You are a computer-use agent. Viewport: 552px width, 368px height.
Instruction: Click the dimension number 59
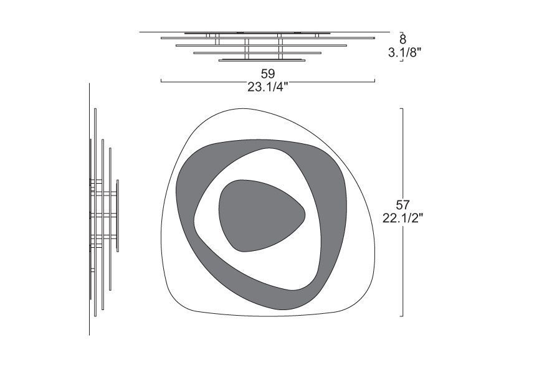pyautogui.click(x=267, y=73)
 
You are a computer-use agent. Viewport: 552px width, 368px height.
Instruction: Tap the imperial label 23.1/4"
pyautogui.click(x=267, y=87)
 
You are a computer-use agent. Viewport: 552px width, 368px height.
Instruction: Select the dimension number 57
pyautogui.click(x=402, y=204)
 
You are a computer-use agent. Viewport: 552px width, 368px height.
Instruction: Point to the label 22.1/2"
pyautogui.click(x=402, y=218)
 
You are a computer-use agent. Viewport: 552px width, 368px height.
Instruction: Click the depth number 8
pyautogui.click(x=402, y=39)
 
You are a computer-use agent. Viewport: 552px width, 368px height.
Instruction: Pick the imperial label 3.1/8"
pyautogui.click(x=404, y=53)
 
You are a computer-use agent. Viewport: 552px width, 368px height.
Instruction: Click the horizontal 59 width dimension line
pyautogui.click(x=267, y=82)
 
